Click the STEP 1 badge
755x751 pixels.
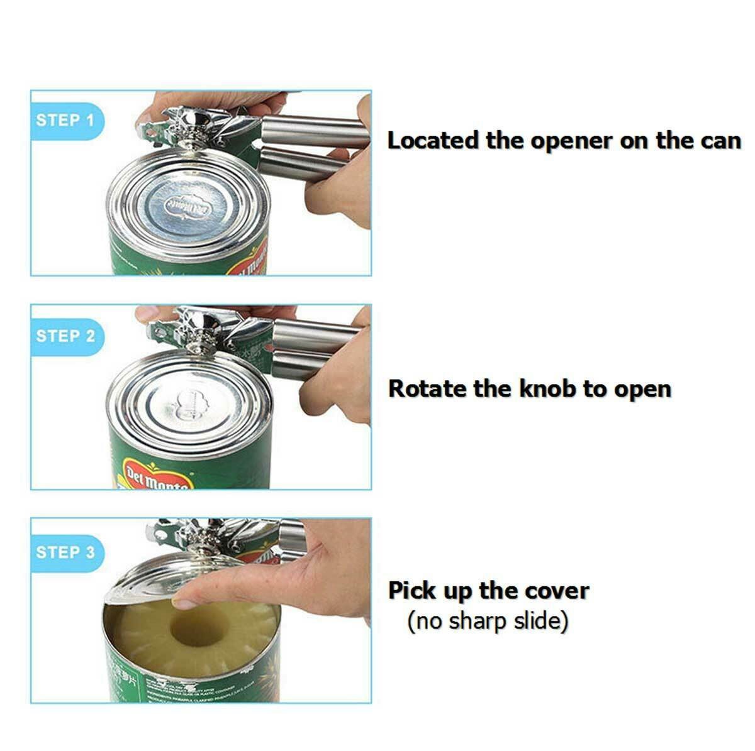coord(65,120)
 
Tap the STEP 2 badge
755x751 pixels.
coord(65,336)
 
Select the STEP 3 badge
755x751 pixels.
coord(65,552)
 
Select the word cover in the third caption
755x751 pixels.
coord(556,591)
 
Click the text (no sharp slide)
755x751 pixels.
coord(488,622)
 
